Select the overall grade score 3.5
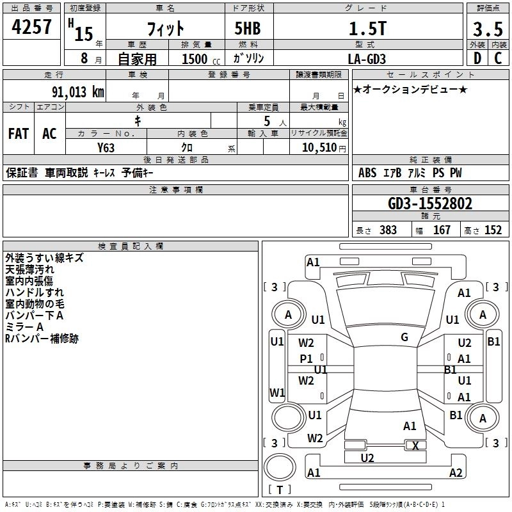(487, 29)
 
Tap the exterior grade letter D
(477, 58)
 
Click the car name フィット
(165, 29)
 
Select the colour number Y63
(106, 147)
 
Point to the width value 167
(442, 230)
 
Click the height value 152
(493, 230)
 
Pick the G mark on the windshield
(404, 337)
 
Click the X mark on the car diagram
(415, 445)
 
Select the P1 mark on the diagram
(307, 359)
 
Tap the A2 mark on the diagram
(456, 473)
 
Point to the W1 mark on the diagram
(277, 392)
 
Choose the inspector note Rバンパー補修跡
(42, 339)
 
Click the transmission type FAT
(19, 133)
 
